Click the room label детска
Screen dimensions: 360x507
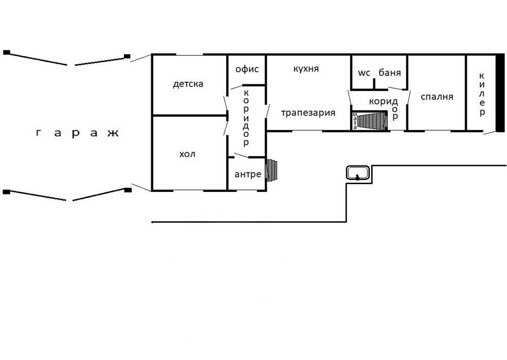point(188,84)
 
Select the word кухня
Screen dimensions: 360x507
point(306,69)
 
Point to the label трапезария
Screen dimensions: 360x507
point(309,113)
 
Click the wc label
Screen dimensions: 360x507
point(365,73)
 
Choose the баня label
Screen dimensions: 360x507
point(390,73)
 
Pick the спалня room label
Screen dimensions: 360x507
point(437,97)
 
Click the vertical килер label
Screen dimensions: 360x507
point(482,95)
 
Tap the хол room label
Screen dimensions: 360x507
point(187,154)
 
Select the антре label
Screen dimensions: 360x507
point(248,174)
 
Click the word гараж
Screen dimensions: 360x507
point(78,134)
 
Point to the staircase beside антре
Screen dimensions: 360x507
point(271,170)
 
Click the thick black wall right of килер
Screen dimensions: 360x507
point(499,93)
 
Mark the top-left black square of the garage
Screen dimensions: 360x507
point(7,52)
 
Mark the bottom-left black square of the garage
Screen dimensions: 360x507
point(6,192)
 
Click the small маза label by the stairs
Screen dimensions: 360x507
point(355,121)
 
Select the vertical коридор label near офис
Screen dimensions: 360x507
point(246,117)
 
